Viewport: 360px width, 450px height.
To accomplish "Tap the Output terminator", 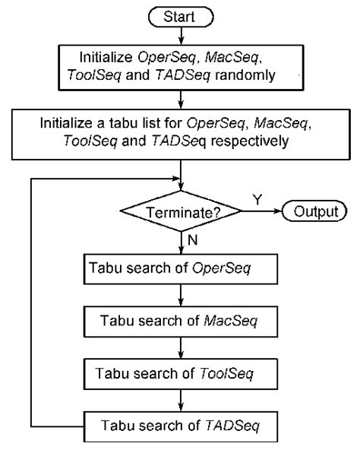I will [x=311, y=211].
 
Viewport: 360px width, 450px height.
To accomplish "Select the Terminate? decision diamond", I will [x=182, y=212].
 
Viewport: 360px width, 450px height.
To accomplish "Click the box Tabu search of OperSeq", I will [x=182, y=269].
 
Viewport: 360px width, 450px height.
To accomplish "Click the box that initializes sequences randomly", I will [x=182, y=67].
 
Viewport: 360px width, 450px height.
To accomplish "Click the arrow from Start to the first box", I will [x=182, y=35].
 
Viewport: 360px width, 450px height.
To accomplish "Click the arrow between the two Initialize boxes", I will [x=182, y=99].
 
